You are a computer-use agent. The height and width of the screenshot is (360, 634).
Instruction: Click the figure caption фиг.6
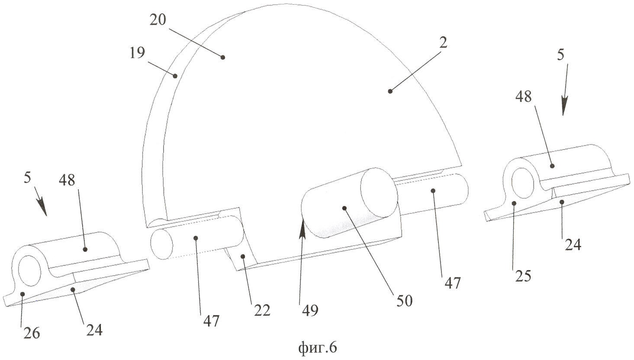click(x=318, y=347)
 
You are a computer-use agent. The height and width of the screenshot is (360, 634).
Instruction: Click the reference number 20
click(x=158, y=20)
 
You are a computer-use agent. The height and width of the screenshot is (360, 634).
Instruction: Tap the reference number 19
click(x=137, y=53)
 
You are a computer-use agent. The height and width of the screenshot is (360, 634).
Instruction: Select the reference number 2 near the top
click(x=443, y=43)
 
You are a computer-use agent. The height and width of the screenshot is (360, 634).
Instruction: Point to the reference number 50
click(x=405, y=301)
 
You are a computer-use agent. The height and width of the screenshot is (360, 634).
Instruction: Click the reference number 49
click(x=310, y=311)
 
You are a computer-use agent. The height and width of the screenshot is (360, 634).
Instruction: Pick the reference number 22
click(x=262, y=311)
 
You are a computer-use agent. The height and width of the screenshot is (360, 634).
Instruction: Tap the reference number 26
click(x=32, y=333)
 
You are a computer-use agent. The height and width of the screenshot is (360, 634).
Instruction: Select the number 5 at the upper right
click(x=561, y=55)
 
